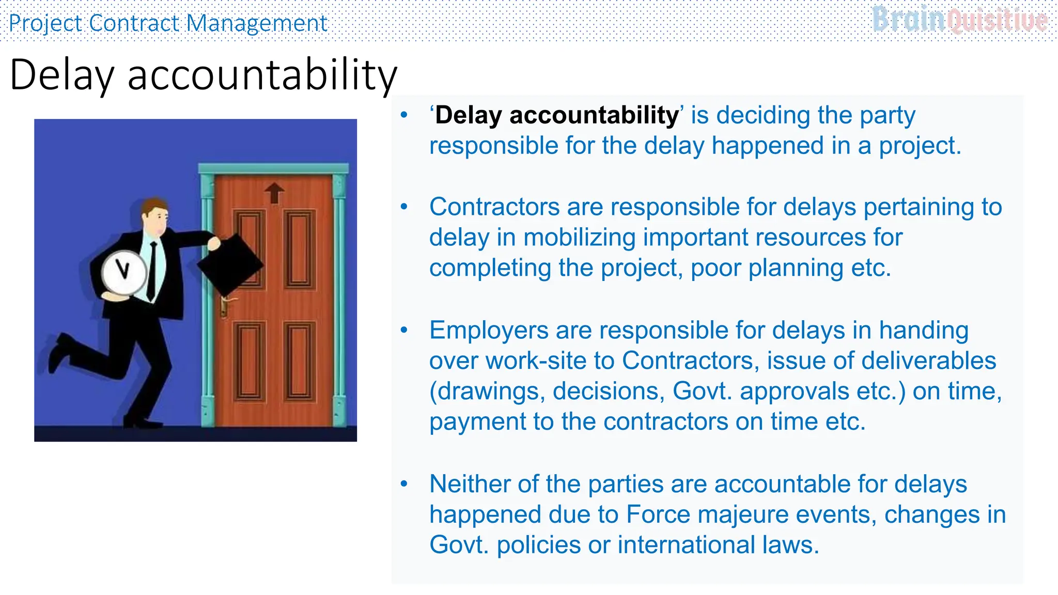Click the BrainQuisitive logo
(960, 20)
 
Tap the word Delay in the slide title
(61, 75)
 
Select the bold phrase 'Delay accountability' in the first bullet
(556, 115)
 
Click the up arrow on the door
(274, 193)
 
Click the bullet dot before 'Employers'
(404, 330)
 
